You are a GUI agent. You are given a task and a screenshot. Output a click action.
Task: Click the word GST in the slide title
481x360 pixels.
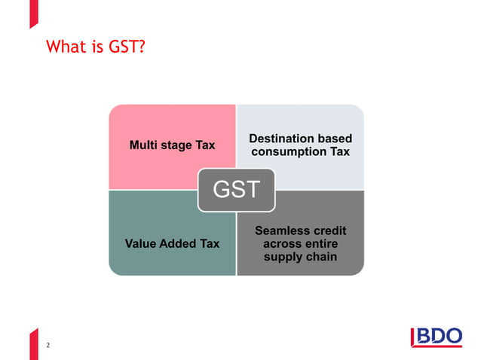tap(124, 48)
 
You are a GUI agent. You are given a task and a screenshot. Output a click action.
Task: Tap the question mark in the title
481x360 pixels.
tap(142, 48)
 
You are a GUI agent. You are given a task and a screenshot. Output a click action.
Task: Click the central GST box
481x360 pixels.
tap(236, 190)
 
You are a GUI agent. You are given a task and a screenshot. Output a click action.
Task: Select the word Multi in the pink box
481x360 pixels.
tap(144, 145)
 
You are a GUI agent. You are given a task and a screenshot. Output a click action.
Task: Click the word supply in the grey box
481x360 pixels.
tap(281, 258)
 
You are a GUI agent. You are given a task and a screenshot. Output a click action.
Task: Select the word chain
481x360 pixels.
tap(321, 258)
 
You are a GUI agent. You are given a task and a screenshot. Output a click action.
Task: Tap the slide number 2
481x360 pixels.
tap(49, 345)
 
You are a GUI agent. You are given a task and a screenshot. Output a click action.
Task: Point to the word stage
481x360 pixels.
tap(177, 145)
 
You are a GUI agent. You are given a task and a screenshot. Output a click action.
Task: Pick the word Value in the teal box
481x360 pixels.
tap(142, 244)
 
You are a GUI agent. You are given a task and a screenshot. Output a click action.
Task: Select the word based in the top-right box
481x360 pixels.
tap(335, 139)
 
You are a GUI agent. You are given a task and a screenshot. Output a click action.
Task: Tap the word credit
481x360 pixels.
tap(329, 230)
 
